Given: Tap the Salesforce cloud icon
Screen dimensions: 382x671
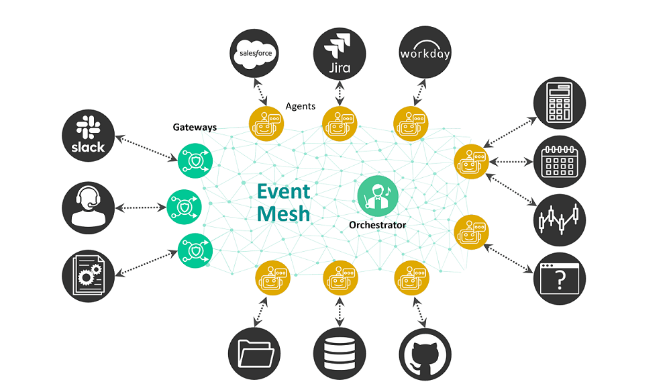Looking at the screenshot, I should tap(254, 52).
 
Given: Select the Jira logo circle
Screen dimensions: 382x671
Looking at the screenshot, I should tap(340, 52).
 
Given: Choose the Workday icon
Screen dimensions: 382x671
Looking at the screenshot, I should tap(425, 52).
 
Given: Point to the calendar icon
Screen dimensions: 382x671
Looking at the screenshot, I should tap(559, 161).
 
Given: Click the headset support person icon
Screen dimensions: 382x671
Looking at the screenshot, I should tap(88, 205).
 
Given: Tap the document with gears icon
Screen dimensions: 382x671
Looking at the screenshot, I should tap(88, 273).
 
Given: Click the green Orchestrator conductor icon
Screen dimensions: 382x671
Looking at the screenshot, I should tap(378, 195).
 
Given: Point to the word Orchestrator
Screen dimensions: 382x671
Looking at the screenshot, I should tap(377, 225).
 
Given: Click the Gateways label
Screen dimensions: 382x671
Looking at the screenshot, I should tap(195, 126).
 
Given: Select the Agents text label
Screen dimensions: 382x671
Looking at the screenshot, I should tap(300, 106).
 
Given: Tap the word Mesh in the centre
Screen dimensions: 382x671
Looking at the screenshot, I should tap(284, 213).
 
